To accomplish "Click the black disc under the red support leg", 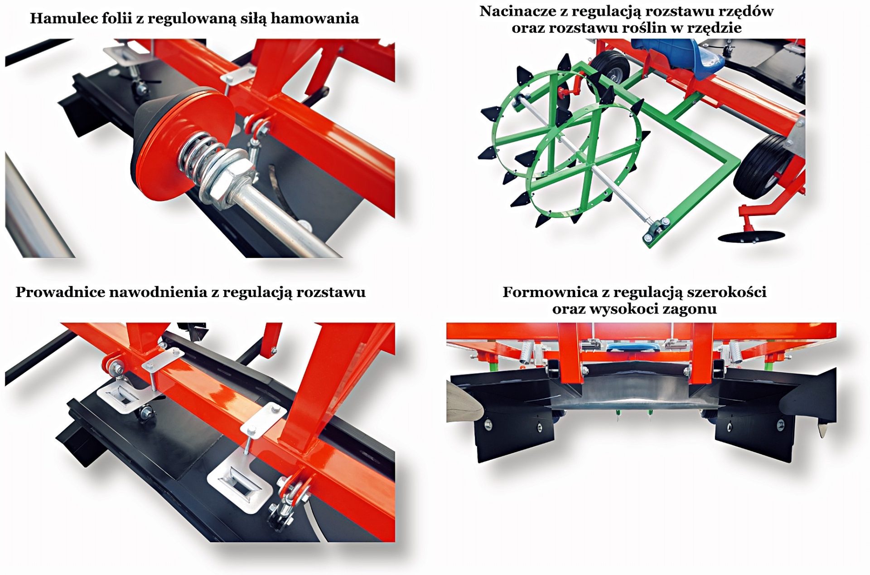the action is click(x=751, y=236).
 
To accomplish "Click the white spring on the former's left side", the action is click(x=526, y=352).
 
